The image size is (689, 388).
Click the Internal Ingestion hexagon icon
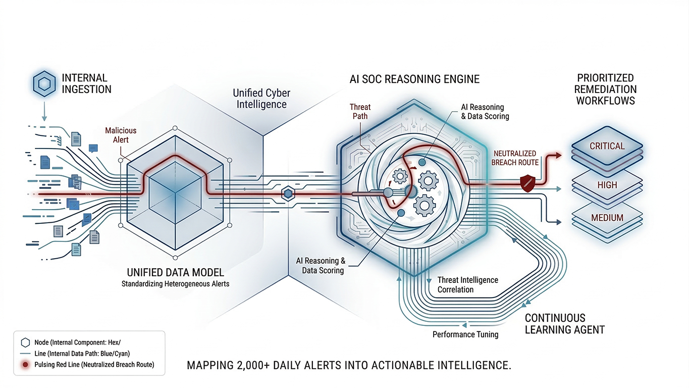[44, 84]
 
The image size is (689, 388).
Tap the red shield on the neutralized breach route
[527, 182]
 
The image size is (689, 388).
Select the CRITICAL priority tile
[607, 146]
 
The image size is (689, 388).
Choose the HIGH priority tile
[607, 185]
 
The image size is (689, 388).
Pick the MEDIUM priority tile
[607, 218]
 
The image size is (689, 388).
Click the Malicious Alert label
[121, 135]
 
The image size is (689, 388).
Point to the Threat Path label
[360, 112]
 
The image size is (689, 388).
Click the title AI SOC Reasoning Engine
[414, 79]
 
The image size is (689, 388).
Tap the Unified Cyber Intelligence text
[261, 99]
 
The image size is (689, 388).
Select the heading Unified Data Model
[175, 272]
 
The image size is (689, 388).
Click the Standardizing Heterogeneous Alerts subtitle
[175, 283]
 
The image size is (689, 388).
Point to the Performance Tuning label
[465, 334]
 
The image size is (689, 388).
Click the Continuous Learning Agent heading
[564, 324]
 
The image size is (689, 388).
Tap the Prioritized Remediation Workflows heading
[606, 89]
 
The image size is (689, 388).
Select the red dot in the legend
[24, 364]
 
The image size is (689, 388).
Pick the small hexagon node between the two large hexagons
[288, 193]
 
